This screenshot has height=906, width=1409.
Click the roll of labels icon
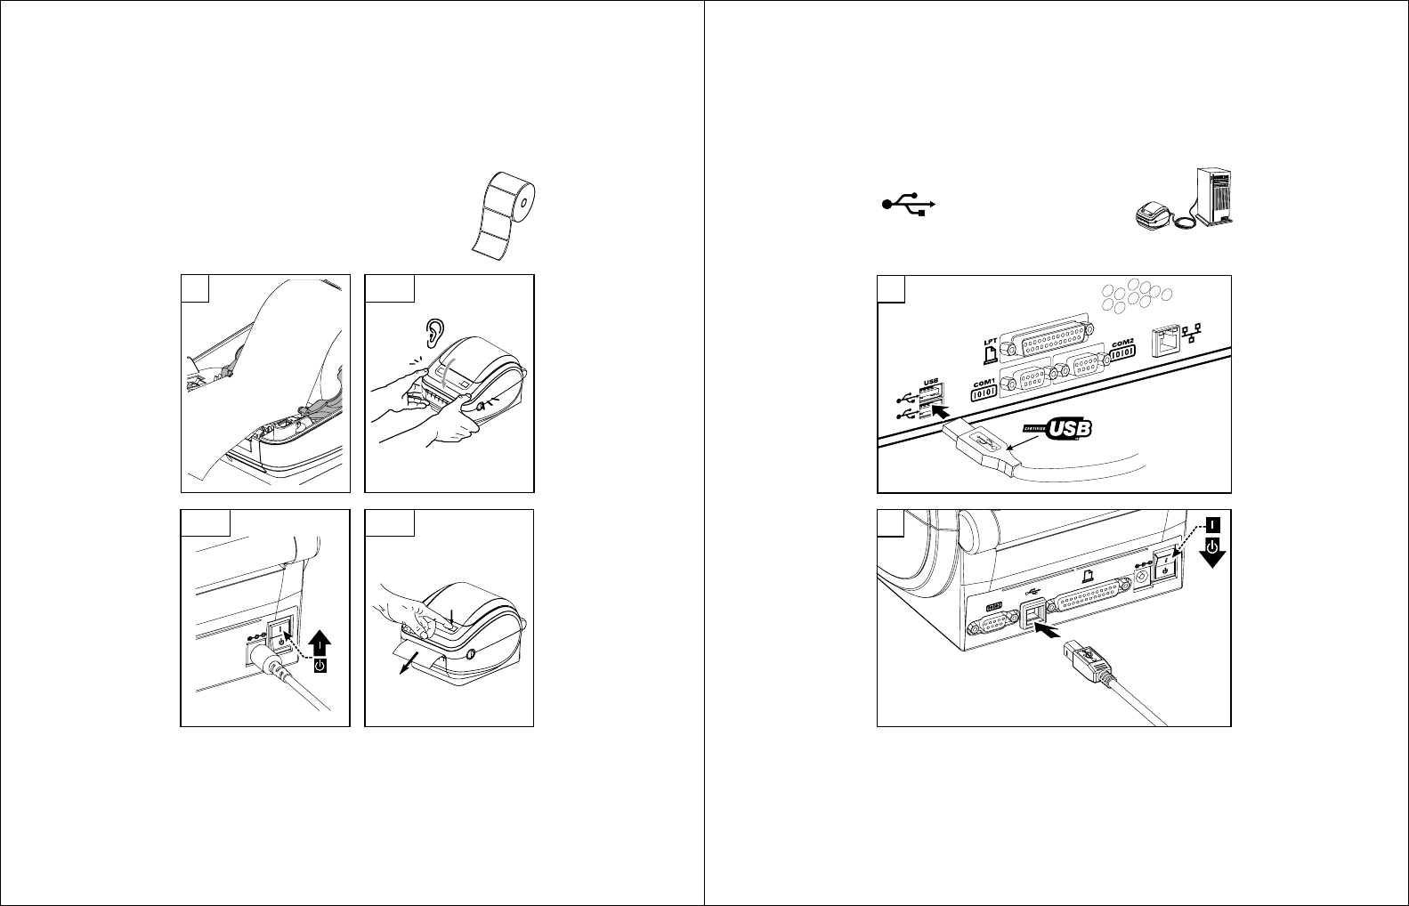tap(506, 215)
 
